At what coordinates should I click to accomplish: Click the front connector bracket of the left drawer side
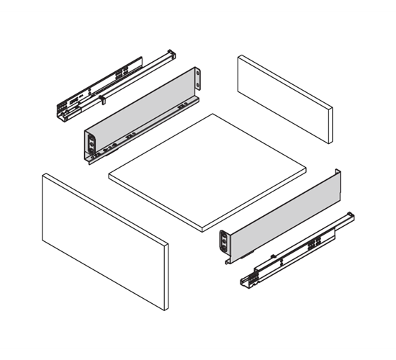tap(91, 144)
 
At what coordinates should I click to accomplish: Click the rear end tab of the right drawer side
tap(336, 176)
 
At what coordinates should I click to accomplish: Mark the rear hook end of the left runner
tap(170, 55)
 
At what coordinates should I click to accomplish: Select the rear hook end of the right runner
tap(348, 217)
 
